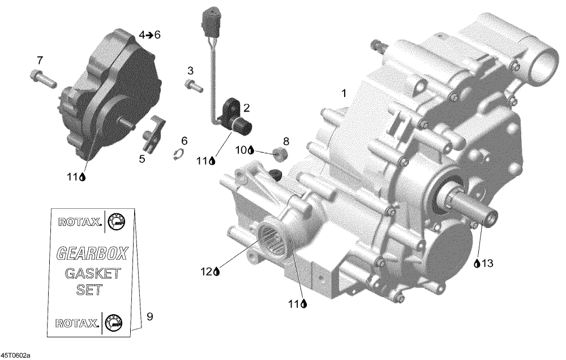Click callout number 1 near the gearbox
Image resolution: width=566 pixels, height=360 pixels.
[344, 93]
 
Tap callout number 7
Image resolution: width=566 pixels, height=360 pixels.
[40, 59]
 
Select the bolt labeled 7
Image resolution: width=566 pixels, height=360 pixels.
[43, 78]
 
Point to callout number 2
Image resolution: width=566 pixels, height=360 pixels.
[247, 108]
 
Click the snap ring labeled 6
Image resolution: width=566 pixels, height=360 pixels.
[179, 154]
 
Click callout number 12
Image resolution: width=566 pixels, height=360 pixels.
[207, 272]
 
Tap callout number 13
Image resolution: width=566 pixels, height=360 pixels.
[487, 264]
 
